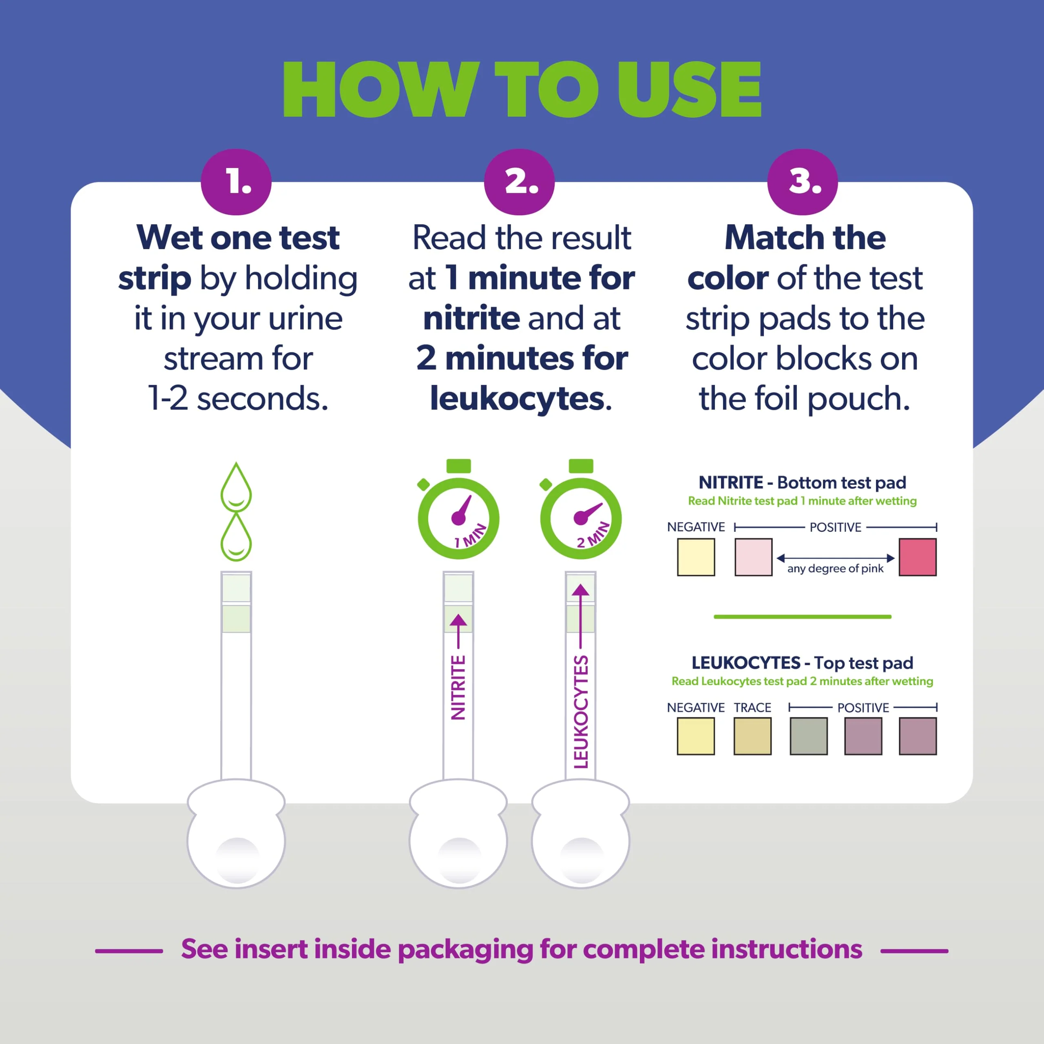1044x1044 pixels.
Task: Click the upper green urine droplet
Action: coord(236,487)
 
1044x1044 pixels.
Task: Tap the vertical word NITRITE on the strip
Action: coord(458,687)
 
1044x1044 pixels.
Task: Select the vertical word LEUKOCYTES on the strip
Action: coord(580,711)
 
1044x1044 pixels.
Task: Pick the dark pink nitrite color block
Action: coord(918,557)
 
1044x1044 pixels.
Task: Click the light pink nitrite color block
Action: coord(753,557)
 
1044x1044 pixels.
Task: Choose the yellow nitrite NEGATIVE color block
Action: coord(696,557)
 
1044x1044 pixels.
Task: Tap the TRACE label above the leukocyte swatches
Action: coord(752,707)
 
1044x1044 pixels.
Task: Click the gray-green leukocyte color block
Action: coord(808,736)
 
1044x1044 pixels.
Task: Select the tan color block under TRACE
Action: coord(752,736)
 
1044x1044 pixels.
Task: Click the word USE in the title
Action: coord(689,89)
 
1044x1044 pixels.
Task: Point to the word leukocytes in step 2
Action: coord(517,399)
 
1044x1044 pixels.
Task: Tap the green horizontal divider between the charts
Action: coord(803,617)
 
